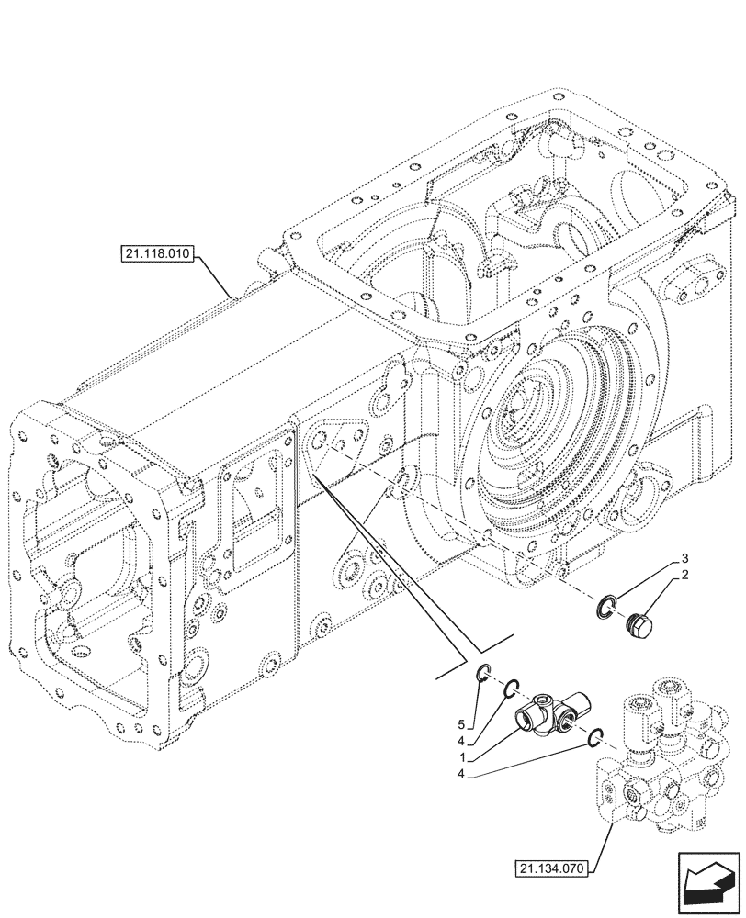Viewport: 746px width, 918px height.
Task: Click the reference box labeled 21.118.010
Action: click(x=154, y=253)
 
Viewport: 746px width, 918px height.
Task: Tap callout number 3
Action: click(x=684, y=559)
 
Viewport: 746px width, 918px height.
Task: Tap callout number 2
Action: click(x=684, y=575)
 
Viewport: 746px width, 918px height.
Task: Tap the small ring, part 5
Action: click(x=484, y=677)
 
